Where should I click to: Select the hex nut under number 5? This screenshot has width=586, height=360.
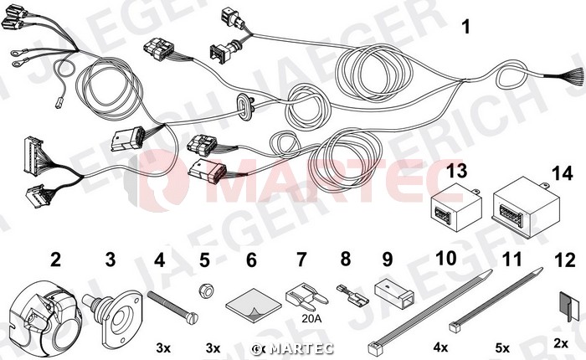point(205,291)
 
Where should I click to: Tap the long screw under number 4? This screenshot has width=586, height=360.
point(172,308)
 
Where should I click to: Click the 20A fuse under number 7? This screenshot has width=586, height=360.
point(306,297)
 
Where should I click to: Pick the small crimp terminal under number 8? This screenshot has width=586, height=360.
point(352,295)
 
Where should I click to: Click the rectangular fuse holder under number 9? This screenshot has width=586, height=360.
point(394,294)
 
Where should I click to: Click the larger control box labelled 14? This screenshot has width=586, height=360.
point(527,208)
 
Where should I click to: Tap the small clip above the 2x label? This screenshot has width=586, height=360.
point(565,306)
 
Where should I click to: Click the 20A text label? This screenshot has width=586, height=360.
point(311,318)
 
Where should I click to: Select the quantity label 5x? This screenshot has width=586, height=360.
point(502,348)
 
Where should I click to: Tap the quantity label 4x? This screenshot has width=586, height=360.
point(440,347)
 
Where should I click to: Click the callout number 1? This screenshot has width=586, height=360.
point(465,27)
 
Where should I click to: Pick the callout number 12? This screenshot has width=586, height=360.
point(565,260)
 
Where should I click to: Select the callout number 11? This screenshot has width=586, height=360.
point(511,259)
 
